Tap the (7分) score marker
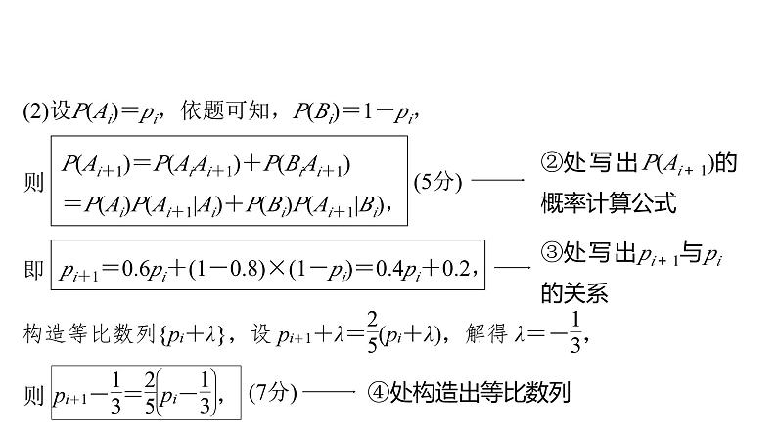pos(272,392)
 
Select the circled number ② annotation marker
pos(549,163)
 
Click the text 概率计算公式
pos(607,204)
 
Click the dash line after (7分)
pos(332,392)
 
